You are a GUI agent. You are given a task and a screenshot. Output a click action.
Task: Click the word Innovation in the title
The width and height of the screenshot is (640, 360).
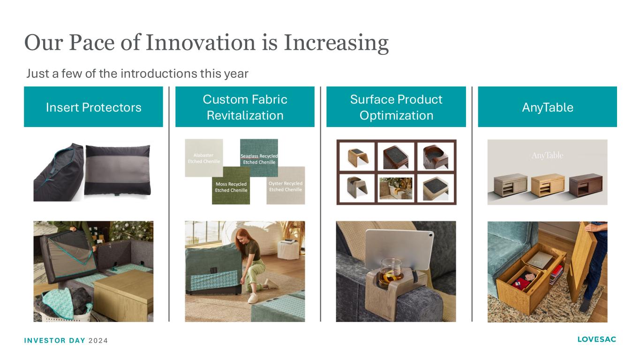[x=201, y=43]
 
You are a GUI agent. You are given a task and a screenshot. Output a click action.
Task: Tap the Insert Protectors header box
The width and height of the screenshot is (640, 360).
[x=93, y=107]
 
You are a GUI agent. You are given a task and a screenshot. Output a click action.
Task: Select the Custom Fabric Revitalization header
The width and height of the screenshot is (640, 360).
[x=245, y=107]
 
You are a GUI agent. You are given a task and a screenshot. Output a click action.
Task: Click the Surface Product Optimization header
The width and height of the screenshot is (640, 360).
[x=396, y=107]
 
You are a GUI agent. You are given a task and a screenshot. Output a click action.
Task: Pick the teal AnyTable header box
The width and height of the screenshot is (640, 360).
[x=548, y=107]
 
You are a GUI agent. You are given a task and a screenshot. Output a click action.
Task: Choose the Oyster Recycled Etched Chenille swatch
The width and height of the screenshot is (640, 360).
[x=286, y=186]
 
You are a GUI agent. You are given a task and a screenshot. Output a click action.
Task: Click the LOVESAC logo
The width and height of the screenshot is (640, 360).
[x=596, y=339]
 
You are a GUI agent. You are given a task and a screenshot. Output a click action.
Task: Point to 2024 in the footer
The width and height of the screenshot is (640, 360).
[x=98, y=341]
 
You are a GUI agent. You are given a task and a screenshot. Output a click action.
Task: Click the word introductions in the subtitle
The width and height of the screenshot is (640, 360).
[x=159, y=74]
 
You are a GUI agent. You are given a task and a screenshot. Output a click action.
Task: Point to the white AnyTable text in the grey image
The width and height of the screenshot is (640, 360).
[x=547, y=156]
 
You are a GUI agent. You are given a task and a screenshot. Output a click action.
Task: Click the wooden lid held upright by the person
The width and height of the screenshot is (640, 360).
[x=581, y=261]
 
